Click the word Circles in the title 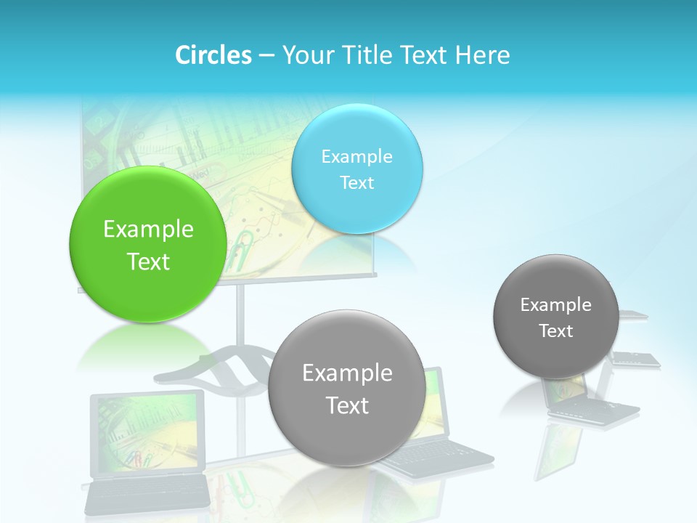pyautogui.click(x=213, y=55)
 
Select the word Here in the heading pyautogui.click(x=483, y=55)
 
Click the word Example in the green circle pyautogui.click(x=148, y=230)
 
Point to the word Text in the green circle pyautogui.click(x=148, y=261)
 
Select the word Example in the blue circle pyautogui.click(x=357, y=157)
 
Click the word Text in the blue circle pyautogui.click(x=357, y=183)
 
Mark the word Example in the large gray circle pyautogui.click(x=347, y=373)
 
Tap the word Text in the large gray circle pyautogui.click(x=347, y=405)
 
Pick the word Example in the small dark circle pyautogui.click(x=556, y=305)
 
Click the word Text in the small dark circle pyautogui.click(x=556, y=331)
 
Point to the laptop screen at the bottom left pyautogui.click(x=147, y=432)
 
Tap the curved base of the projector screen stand pyautogui.click(x=218, y=367)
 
